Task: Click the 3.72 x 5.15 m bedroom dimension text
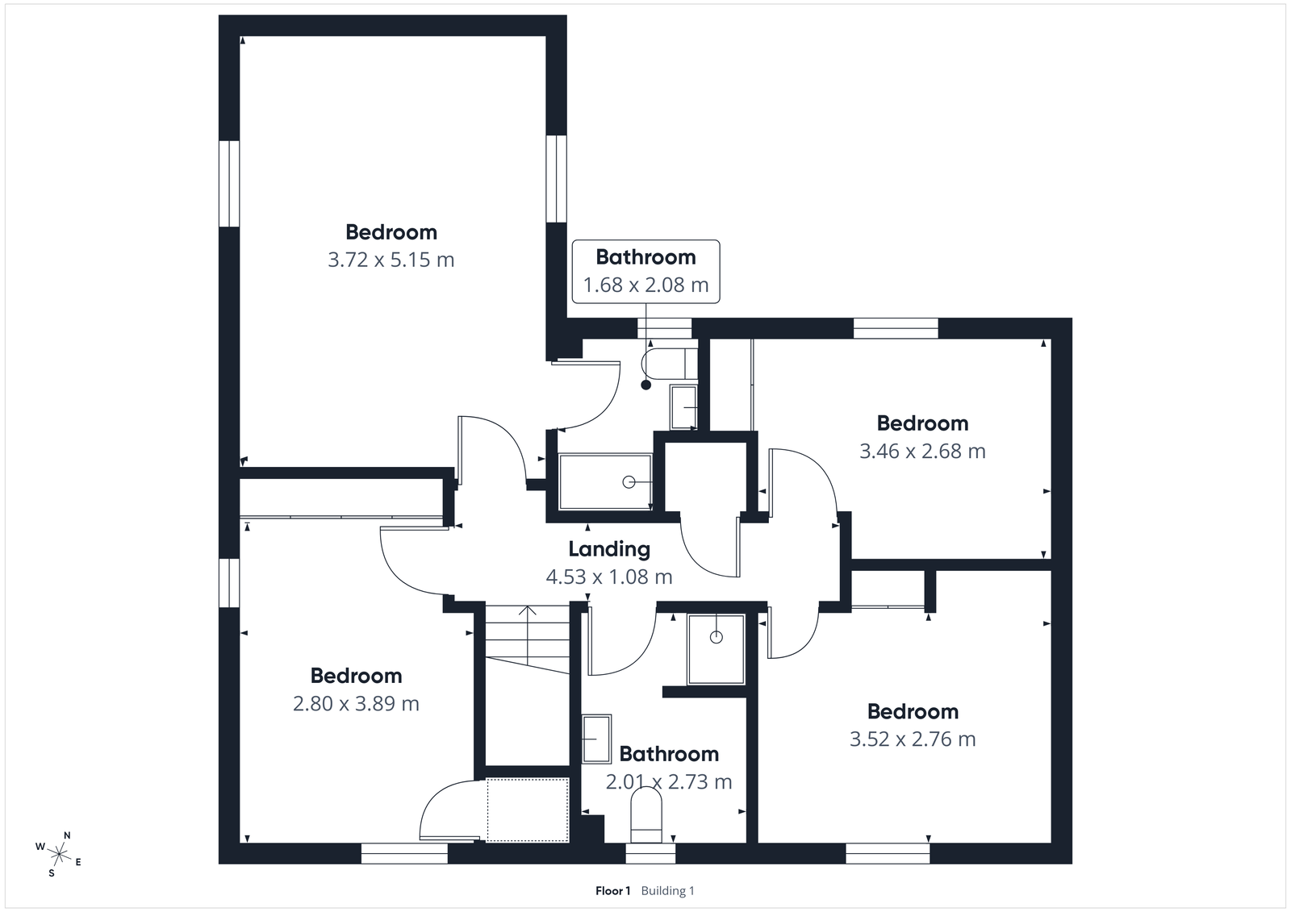coord(391,260)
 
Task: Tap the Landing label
coord(608,549)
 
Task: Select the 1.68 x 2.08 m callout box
coord(645,271)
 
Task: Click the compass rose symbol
coord(59,852)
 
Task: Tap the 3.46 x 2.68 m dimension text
coord(922,451)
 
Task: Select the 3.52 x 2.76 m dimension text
coord(913,739)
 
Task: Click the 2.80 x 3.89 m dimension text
coord(356,703)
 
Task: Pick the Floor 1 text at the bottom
coord(612,891)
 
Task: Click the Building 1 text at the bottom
coord(667,891)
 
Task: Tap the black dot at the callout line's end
coord(645,385)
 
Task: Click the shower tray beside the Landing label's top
coord(605,482)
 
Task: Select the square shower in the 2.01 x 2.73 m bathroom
coord(716,649)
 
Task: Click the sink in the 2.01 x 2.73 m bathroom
coord(597,739)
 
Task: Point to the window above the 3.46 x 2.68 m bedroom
coord(896,328)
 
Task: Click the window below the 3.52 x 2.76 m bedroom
coord(888,853)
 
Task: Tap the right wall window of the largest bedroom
coord(556,178)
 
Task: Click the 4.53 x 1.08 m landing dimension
coord(608,577)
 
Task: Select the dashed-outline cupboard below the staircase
coord(528,810)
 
